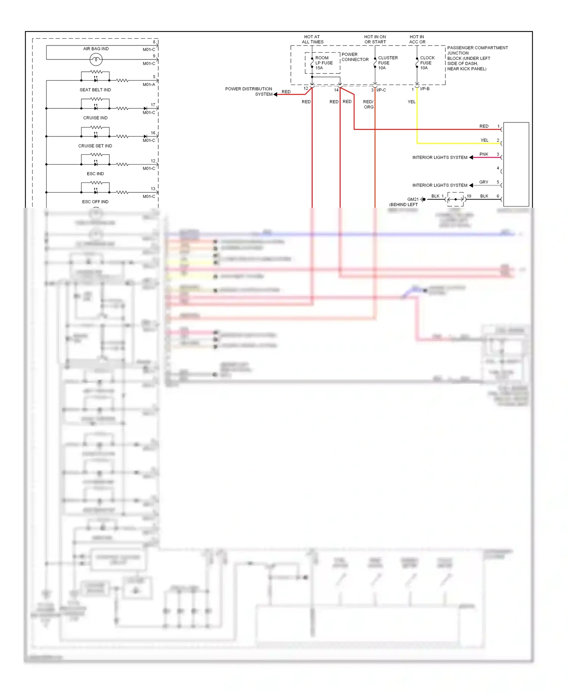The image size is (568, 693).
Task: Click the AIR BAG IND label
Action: pos(96,49)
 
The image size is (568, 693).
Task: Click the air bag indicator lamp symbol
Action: pos(96,60)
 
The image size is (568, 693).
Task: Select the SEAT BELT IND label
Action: pos(95,90)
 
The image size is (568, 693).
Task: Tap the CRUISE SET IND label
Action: pos(95,146)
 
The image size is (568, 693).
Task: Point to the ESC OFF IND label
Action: pos(95,202)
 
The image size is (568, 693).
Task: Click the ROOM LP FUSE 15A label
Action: pos(324,63)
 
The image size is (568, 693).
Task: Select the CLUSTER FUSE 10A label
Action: pos(387,63)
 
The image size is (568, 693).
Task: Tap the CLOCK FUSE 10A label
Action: pos(427,63)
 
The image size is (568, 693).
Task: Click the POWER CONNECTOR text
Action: pos(355,57)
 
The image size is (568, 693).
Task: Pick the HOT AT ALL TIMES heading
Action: pos(312,39)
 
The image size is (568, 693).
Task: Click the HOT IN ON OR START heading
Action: pos(375,39)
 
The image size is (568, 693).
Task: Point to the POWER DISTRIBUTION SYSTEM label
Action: pos(249,91)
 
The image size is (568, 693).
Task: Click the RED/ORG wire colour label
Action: pos(368,104)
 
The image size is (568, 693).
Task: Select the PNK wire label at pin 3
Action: pos(484,154)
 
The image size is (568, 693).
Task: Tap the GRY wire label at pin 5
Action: pos(484,182)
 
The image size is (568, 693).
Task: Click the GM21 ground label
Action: pos(413,199)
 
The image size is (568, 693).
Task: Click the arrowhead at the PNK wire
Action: pos(471,157)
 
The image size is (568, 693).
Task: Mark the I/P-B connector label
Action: pos(424,89)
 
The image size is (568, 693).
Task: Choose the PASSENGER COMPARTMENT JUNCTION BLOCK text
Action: pos(477,58)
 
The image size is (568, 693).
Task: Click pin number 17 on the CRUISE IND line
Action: pos(153,105)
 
